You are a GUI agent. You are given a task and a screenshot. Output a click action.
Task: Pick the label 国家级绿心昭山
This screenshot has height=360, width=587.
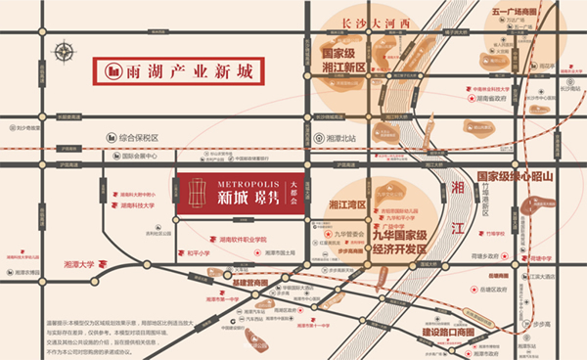point(515,176)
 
